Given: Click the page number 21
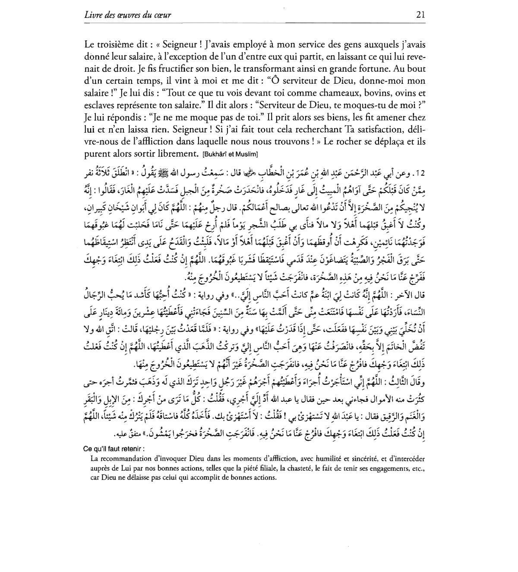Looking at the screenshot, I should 421,14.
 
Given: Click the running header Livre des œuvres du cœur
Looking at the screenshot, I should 128,15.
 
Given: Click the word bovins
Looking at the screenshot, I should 375,93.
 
